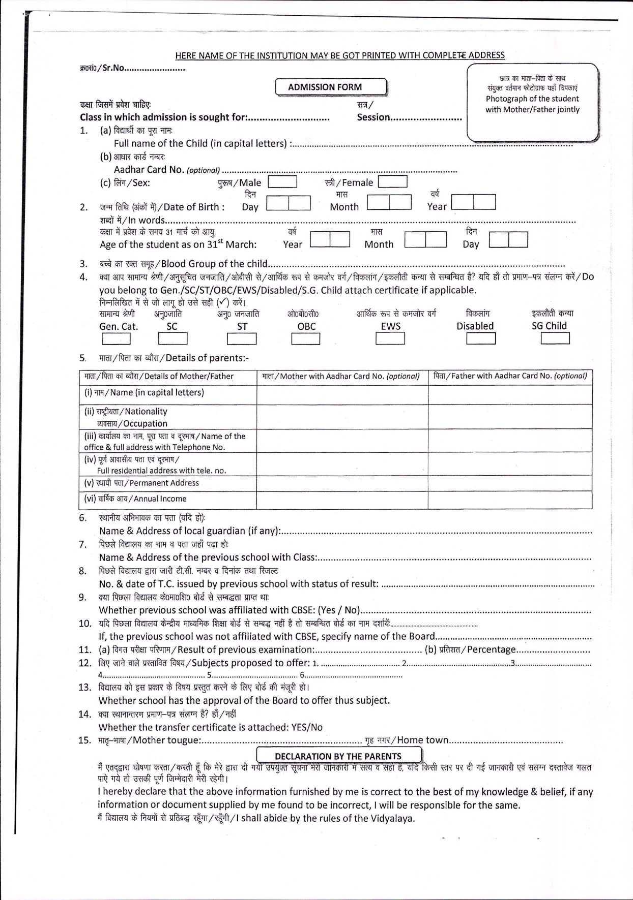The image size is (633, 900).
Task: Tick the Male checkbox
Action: click(x=282, y=182)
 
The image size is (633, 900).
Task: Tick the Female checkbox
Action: click(x=392, y=181)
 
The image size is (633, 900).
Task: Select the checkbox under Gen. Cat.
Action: click(x=116, y=338)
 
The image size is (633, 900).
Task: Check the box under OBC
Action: click(x=305, y=338)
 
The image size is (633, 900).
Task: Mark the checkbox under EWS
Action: click(x=390, y=338)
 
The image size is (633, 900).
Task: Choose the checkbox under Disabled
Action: click(x=481, y=338)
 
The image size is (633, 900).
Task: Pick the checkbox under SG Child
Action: click(x=555, y=338)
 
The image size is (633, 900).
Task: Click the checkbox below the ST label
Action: click(x=242, y=338)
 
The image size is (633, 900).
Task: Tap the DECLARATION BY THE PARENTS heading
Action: click(x=338, y=756)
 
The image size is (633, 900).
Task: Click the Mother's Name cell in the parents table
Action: click(x=342, y=394)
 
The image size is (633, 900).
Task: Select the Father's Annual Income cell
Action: click(x=510, y=500)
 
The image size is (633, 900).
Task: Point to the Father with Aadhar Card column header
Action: click(x=510, y=377)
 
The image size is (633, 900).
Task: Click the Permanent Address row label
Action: click(x=141, y=483)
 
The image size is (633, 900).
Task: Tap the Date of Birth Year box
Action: click(x=473, y=202)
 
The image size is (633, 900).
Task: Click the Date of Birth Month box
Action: click(x=389, y=202)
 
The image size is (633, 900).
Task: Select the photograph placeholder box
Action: click(x=532, y=102)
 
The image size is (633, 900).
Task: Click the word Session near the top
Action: click(x=373, y=117)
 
